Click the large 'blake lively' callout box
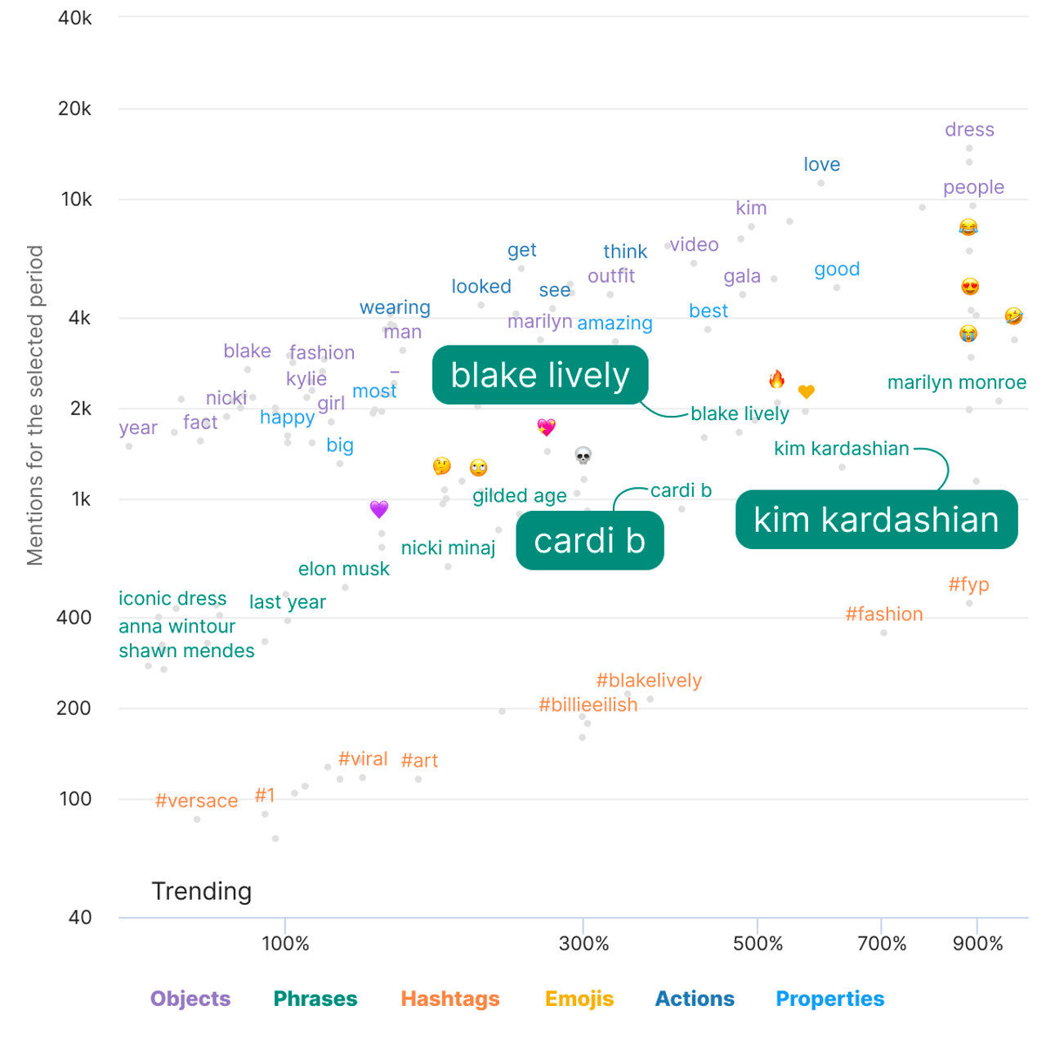pos(540,375)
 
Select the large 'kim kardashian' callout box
pos(876,520)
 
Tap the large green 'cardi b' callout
pos(589,541)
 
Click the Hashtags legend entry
pos(449,999)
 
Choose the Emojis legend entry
pos(579,999)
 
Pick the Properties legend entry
pos(829,999)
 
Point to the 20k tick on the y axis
pos(74,109)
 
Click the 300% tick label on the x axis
pos(583,944)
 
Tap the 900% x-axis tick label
pos(977,944)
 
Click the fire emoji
pos(776,379)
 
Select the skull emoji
pos(583,455)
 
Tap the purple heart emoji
pos(378,509)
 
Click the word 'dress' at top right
pos(969,130)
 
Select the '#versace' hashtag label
pos(196,801)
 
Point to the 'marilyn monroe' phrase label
pos(956,382)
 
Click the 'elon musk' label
pos(343,569)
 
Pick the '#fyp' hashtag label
pos(968,584)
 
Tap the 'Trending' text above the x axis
pos(201,891)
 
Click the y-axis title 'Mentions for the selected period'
pos(35,405)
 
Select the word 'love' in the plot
pos(821,164)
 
